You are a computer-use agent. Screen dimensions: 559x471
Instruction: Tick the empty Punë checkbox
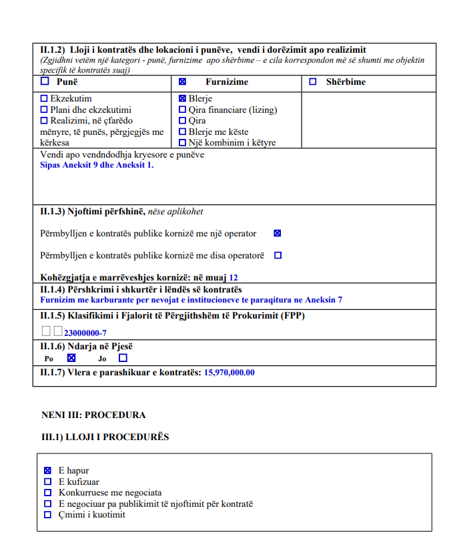(45, 82)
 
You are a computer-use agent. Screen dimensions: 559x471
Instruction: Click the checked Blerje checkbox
(182, 98)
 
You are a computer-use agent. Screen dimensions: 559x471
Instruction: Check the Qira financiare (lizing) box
(182, 110)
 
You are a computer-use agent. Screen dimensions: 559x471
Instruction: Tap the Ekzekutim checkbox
(45, 98)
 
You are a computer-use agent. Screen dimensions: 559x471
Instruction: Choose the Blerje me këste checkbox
(182, 132)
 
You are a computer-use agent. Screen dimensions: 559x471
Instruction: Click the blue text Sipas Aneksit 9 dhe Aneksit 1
(97, 165)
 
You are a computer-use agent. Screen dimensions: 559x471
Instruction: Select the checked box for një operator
(278, 234)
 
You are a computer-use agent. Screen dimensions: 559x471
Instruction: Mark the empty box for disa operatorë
(278, 255)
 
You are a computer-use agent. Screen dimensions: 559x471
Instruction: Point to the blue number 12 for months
(233, 277)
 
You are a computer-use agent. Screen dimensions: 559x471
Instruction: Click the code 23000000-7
(85, 332)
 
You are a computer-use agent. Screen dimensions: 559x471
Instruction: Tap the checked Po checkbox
(71, 358)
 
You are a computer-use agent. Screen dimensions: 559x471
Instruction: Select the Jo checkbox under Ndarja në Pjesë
(123, 358)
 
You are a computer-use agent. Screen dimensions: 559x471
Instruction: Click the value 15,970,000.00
(229, 373)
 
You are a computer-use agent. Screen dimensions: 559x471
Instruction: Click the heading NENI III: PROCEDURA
(93, 415)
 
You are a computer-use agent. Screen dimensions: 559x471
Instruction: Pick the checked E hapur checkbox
(47, 471)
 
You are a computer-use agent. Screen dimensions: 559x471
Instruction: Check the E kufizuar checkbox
(47, 482)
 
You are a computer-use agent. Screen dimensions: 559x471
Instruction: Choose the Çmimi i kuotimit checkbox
(47, 515)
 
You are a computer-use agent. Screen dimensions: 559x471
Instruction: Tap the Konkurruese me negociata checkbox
(47, 493)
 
